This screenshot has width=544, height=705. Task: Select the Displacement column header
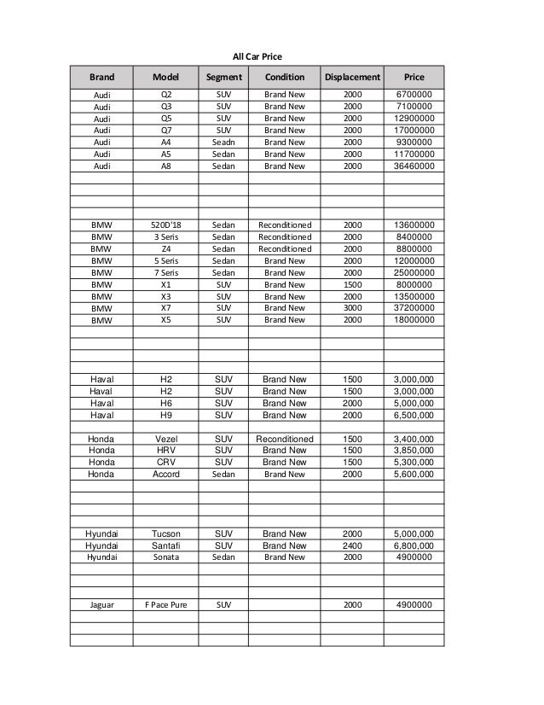[351, 77]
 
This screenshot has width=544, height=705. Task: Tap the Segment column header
[223, 77]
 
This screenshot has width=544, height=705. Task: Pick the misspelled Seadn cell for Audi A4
[223, 143]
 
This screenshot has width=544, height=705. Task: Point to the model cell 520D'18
[165, 225]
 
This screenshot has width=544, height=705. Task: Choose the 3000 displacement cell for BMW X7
[351, 308]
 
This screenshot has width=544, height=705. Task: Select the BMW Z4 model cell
[165, 249]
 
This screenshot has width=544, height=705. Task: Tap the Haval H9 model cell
[165, 415]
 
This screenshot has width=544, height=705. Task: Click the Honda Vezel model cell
[165, 439]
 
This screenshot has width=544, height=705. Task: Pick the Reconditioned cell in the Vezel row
[285, 439]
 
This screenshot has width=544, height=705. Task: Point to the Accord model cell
[165, 475]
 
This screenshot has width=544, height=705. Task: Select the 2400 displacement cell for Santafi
[351, 545]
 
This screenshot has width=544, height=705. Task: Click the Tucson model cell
[165, 534]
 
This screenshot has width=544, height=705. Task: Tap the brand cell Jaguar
[101, 605]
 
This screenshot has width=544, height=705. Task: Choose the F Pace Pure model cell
[165, 605]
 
